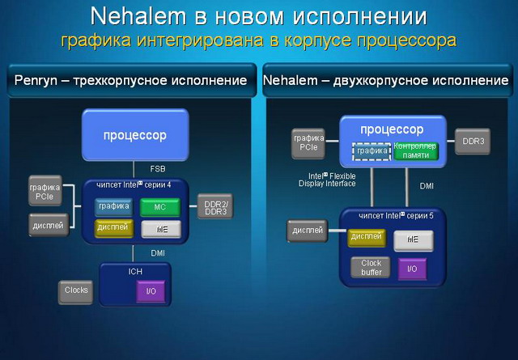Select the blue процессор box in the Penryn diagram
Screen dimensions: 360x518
(136, 135)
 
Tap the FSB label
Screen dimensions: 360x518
(158, 169)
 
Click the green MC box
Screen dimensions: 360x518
(160, 207)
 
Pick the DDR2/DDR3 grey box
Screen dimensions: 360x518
(215, 207)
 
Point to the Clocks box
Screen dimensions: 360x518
(76, 289)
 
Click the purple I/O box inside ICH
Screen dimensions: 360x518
(150, 290)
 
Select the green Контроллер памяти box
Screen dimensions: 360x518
(415, 150)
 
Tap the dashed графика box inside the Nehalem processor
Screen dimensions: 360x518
(371, 150)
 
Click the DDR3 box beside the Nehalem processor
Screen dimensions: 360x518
(472, 141)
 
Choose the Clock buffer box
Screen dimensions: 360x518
(371, 268)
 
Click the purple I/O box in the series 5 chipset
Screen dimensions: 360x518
(412, 268)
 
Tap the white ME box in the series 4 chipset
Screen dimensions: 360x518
(160, 229)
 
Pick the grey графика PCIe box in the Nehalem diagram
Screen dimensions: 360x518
(308, 143)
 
